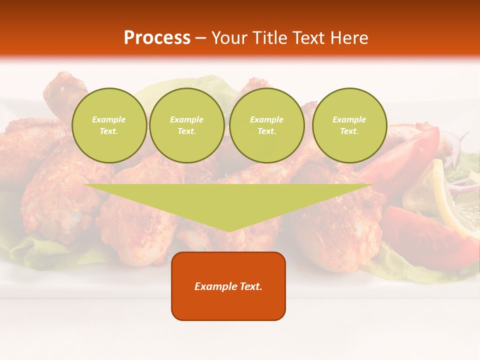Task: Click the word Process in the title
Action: pos(157,38)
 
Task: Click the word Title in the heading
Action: pos(269,38)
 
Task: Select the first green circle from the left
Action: pos(109,125)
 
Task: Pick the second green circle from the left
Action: pos(186,125)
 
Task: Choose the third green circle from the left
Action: pos(266,125)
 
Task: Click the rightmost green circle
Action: pos(349,125)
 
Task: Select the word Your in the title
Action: pos(229,38)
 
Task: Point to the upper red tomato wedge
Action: pos(405,155)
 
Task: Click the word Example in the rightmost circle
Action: pos(349,120)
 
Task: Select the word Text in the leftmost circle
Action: pos(108,131)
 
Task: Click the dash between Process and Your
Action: pos(201,38)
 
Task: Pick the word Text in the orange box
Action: pos(251,286)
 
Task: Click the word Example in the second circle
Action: pos(186,120)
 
